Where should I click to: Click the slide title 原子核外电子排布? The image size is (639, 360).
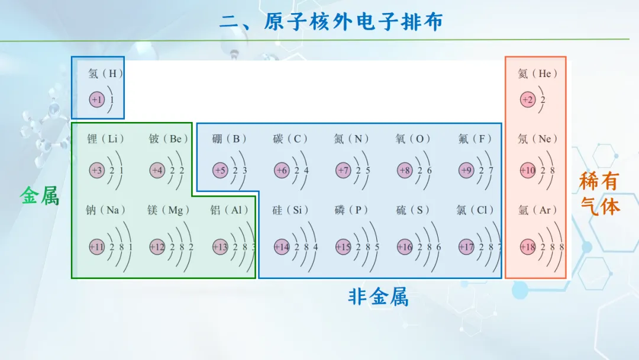point(353,21)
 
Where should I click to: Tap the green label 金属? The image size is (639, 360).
point(40,196)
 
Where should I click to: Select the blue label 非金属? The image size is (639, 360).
point(378,297)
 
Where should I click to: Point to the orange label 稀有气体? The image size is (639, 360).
point(599,194)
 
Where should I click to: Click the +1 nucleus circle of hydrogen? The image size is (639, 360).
point(97,99)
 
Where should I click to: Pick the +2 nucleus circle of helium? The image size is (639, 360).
point(528,99)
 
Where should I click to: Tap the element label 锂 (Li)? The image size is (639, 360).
point(105,139)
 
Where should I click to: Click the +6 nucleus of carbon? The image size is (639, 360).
point(282,171)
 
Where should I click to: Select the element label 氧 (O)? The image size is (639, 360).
point(412,139)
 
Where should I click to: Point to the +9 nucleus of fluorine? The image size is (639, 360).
point(466,171)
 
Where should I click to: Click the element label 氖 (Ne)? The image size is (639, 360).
point(537,139)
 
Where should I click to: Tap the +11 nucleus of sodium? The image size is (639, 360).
point(97,247)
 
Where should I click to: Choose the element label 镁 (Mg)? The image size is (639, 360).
point(168,210)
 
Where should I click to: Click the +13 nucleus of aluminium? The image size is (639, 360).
point(220,247)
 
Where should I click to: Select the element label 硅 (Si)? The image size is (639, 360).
point(290,210)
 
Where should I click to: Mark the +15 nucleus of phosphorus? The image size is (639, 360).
point(343,247)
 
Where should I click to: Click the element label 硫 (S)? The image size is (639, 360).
point(412,210)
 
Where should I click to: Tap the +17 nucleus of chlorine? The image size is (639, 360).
point(466,247)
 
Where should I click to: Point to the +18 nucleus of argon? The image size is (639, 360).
point(528,247)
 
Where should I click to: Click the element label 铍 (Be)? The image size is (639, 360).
point(168,139)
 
